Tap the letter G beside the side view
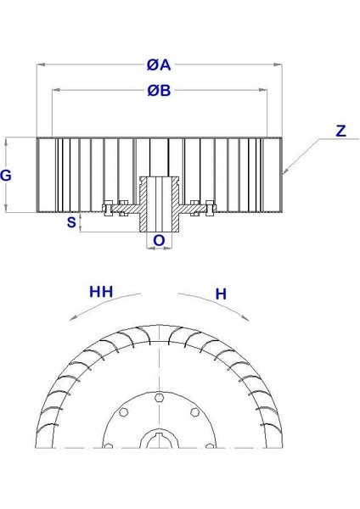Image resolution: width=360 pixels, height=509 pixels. tap(7, 176)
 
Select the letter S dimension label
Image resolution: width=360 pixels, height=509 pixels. tap(71, 222)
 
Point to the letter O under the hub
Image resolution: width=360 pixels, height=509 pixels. tap(159, 241)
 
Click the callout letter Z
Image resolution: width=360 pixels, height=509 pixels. tap(340, 131)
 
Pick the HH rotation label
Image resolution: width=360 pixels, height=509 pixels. tap(103, 294)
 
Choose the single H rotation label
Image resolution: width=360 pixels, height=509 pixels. tap(220, 294)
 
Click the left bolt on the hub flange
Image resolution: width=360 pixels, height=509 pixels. tap(109, 207)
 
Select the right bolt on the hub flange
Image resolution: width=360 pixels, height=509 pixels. tap(209, 207)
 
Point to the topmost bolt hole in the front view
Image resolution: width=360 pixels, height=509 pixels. tap(160, 395)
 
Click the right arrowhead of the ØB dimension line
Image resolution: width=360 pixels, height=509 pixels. tap(267, 90)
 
